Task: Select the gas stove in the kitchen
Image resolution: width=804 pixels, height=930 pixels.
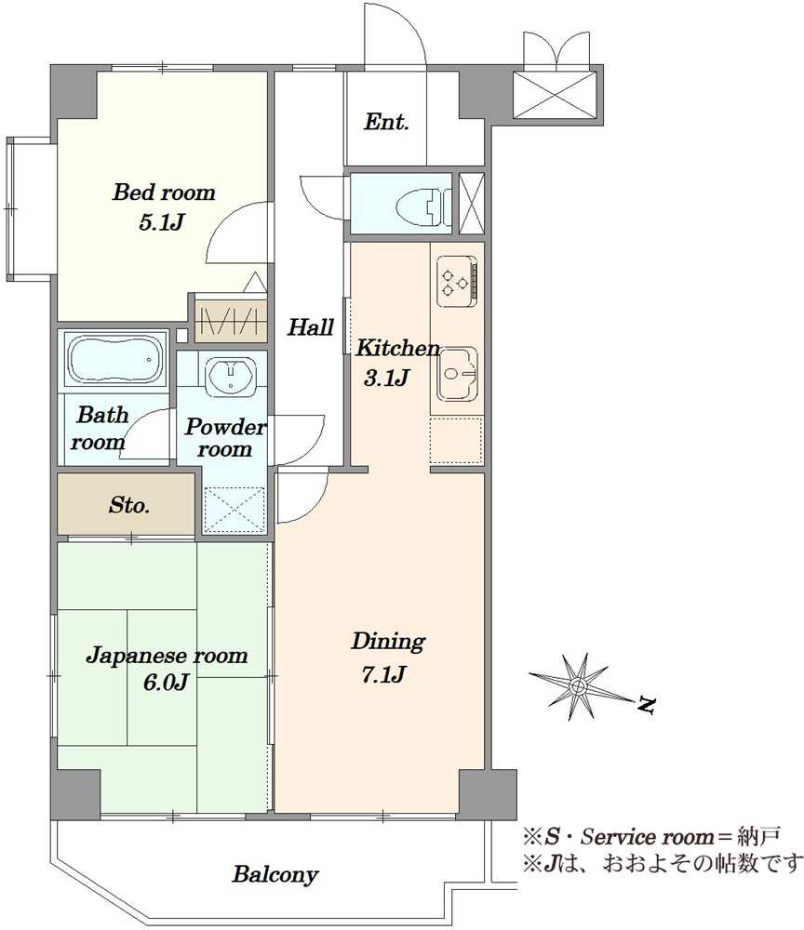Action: point(457,281)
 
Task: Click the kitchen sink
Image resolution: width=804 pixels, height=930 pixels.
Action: point(457,374)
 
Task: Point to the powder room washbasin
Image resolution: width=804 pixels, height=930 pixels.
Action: point(230,378)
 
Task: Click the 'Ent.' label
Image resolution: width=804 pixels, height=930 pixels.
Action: point(386,122)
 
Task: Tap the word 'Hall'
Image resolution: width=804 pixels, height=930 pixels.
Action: point(310,326)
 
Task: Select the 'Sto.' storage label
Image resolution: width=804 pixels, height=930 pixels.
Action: point(128,505)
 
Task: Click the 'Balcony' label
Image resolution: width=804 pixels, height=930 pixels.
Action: point(275,874)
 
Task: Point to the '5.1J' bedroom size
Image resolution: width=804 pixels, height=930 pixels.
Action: point(161,222)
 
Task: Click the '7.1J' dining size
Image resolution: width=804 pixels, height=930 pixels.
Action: point(384,674)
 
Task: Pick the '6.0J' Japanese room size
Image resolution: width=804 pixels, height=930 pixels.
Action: point(166,682)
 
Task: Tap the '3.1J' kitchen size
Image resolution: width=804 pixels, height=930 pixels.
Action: point(386,378)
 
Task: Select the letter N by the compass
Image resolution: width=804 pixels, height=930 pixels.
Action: point(646,705)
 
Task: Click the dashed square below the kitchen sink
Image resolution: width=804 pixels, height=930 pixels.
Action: point(456,441)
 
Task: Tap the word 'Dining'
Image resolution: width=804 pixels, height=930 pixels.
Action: point(388,642)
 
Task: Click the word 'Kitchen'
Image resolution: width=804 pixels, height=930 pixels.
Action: point(397,348)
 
